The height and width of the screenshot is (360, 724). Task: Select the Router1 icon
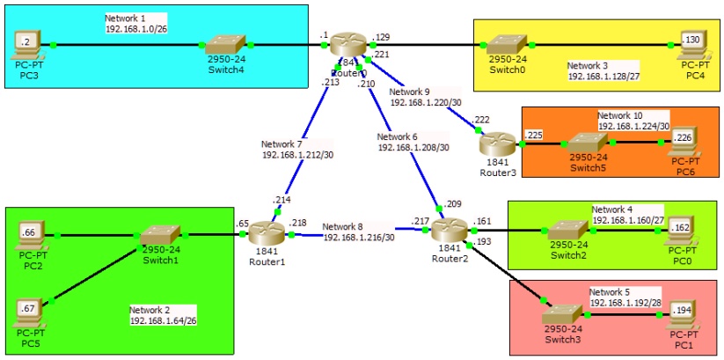(x=266, y=234)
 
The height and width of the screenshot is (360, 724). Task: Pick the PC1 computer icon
(x=685, y=312)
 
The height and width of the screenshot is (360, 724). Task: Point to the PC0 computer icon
(x=685, y=231)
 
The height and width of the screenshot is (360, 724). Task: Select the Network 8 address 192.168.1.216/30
(x=358, y=237)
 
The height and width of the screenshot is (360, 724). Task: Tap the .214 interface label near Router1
(x=282, y=201)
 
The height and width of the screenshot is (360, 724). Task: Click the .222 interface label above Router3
(x=481, y=118)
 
